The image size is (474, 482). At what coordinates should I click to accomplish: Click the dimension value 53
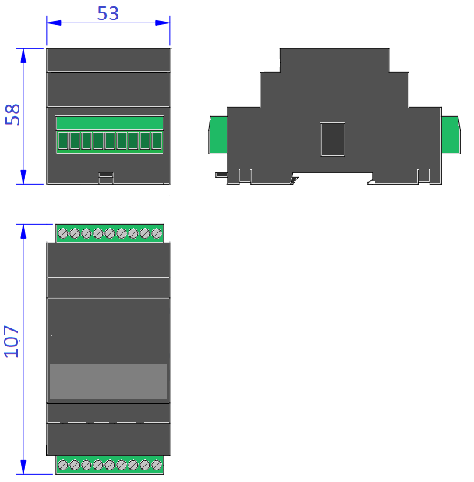[x=108, y=13]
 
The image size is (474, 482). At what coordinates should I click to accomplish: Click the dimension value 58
[x=12, y=115]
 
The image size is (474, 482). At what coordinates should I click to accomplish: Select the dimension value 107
[x=12, y=342]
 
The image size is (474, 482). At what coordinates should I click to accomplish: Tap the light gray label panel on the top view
[x=108, y=381]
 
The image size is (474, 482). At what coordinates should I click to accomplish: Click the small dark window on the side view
[x=333, y=140]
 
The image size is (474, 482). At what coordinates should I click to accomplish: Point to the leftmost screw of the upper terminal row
[x=63, y=233]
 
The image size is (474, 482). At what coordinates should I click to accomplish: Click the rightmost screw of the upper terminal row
[x=157, y=233]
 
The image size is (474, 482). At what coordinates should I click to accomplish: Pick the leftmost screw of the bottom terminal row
[x=63, y=465]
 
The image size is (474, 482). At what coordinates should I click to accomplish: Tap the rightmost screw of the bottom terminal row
[x=157, y=465]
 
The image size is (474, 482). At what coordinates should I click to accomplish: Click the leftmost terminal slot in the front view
[x=63, y=140]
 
